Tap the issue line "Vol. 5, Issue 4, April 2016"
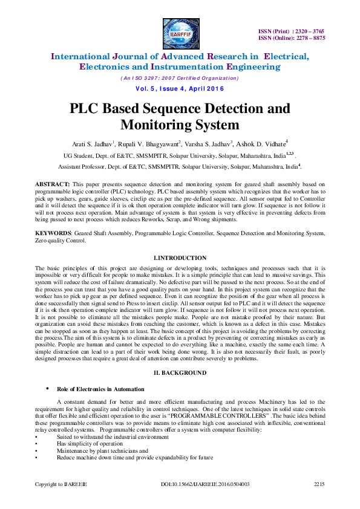tap(180, 89)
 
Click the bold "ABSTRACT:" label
tap(53, 183)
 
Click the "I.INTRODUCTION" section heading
tap(180, 258)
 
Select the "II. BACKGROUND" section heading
tap(180, 373)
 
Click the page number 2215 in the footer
tap(319, 485)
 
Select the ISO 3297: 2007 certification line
tap(180, 78)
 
